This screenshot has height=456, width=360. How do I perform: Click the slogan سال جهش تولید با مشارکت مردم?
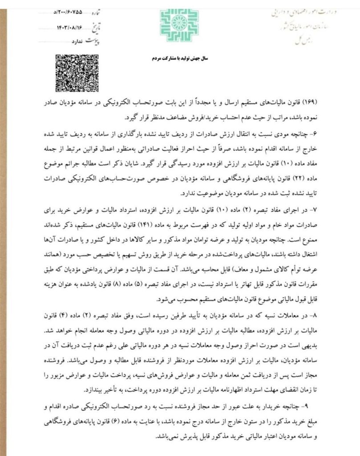(180, 58)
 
